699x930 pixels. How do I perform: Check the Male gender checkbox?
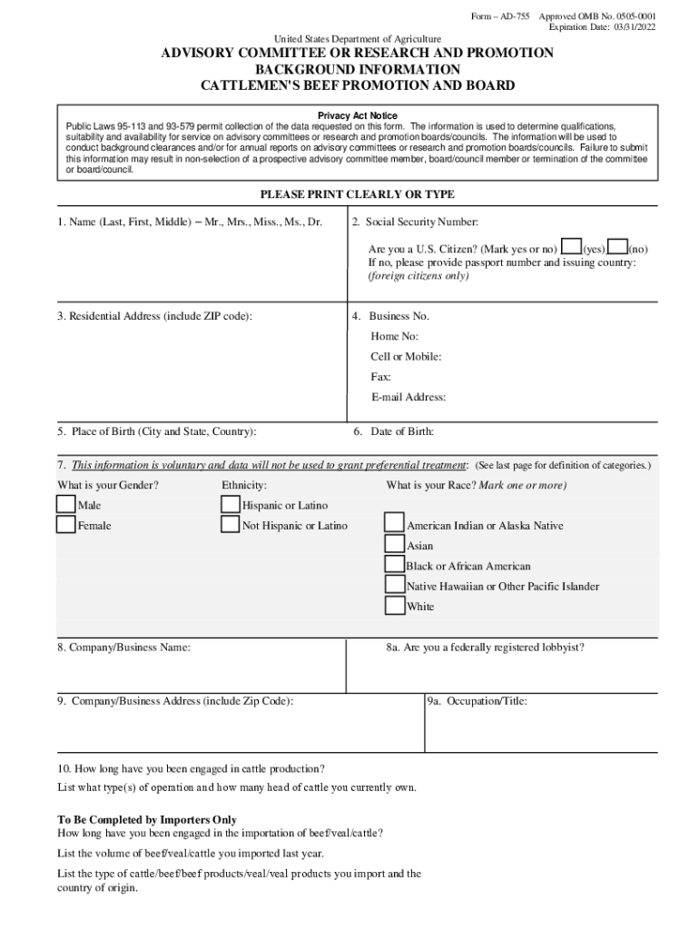tap(65, 504)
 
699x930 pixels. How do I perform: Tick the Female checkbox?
tap(65, 525)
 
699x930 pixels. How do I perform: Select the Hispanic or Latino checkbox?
tap(230, 504)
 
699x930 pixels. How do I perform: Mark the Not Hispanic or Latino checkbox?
tap(230, 525)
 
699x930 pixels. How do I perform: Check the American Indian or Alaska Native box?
tap(394, 524)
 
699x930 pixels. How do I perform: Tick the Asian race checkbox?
tap(394, 545)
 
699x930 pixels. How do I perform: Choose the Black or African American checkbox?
tap(394, 565)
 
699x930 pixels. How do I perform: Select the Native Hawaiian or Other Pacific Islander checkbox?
tap(394, 585)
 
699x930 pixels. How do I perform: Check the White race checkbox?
tap(394, 606)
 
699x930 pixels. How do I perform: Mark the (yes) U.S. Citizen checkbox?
tap(571, 247)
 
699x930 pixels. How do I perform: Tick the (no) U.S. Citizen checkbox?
tap(617, 247)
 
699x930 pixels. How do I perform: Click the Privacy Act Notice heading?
tap(357, 116)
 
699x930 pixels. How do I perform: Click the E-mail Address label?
tap(408, 397)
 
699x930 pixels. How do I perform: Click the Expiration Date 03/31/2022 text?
tap(601, 28)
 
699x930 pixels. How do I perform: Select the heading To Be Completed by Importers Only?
tap(147, 819)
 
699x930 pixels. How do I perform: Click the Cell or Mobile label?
tap(406, 357)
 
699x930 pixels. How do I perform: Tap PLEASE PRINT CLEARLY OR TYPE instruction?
tap(357, 194)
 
